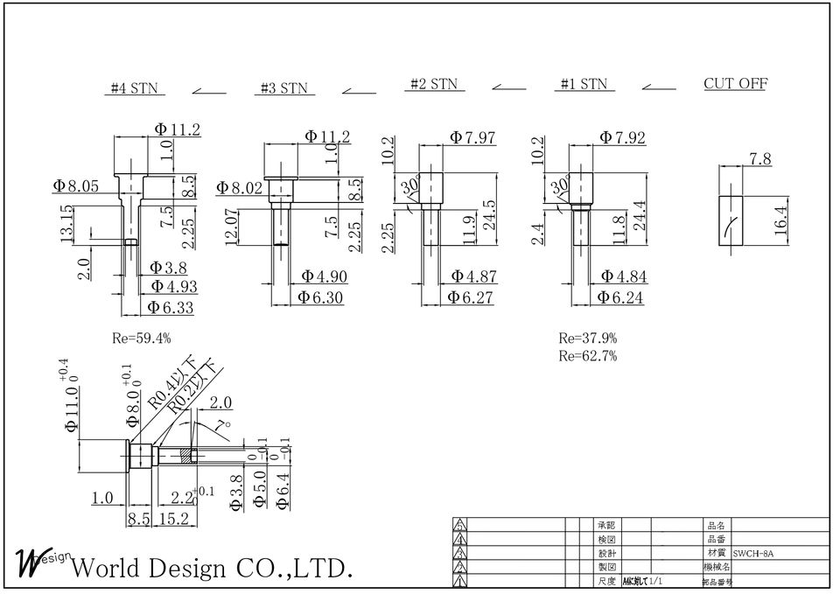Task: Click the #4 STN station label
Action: (x=134, y=88)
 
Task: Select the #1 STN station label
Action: (x=584, y=85)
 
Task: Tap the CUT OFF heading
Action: (x=735, y=84)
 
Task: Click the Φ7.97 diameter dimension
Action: (x=472, y=137)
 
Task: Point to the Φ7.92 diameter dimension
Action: (x=622, y=137)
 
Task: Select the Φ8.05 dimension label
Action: (x=75, y=185)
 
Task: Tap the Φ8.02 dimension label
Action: (x=239, y=187)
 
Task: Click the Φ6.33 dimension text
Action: (x=170, y=307)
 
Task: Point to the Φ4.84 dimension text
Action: (x=622, y=276)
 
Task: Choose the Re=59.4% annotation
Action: (x=142, y=338)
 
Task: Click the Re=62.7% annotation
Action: (x=588, y=355)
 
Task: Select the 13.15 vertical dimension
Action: (x=66, y=225)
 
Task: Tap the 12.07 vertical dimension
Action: (x=231, y=227)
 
